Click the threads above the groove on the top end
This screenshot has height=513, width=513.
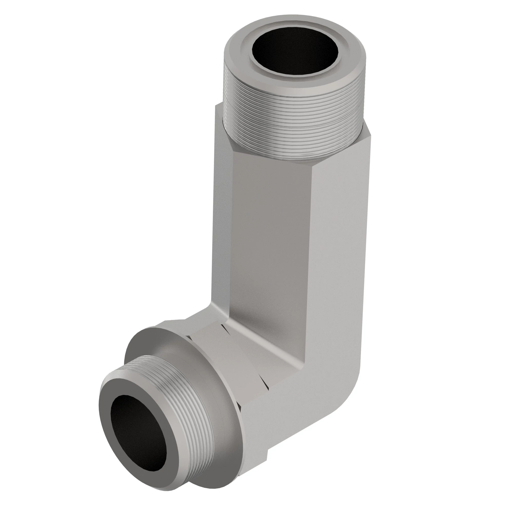tap(292, 106)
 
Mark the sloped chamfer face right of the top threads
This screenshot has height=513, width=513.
tap(367, 133)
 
